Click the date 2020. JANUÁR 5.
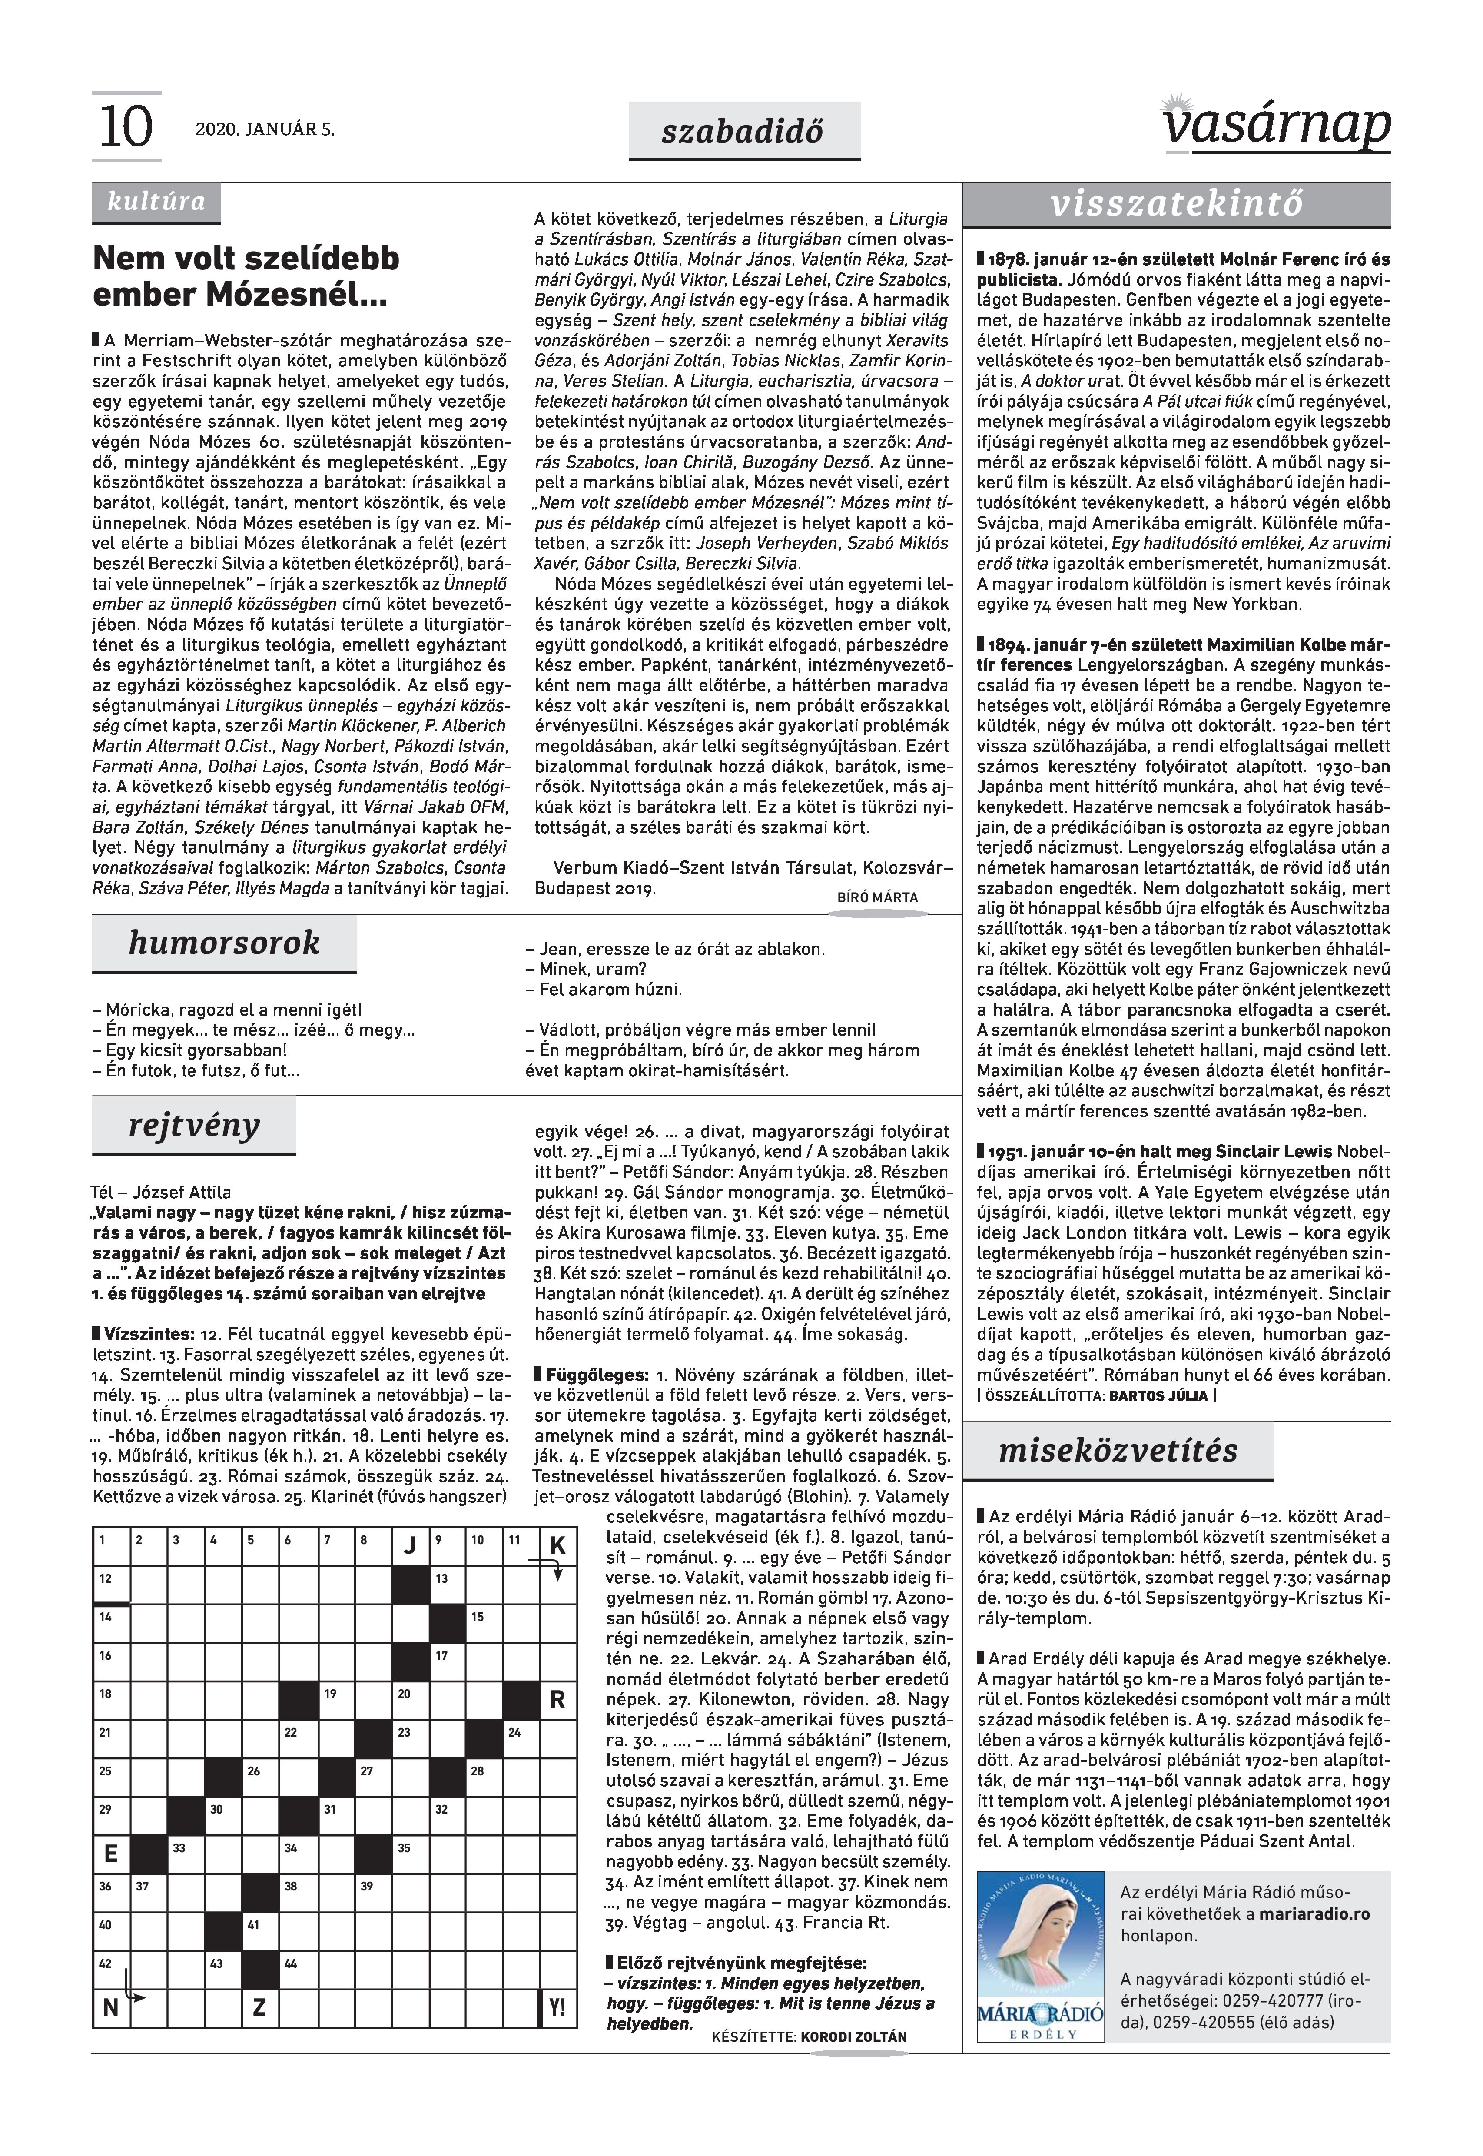[265, 130]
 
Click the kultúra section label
[156, 202]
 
